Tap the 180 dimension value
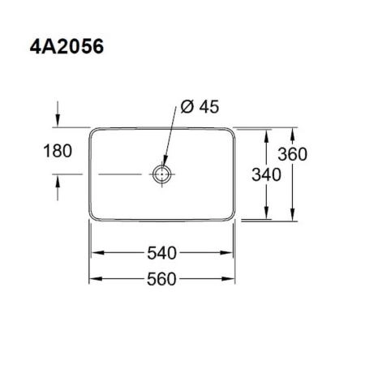[58, 151]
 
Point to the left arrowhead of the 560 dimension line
[92, 278]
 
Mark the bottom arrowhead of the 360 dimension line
[294, 217]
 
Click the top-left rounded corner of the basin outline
[91, 130]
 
